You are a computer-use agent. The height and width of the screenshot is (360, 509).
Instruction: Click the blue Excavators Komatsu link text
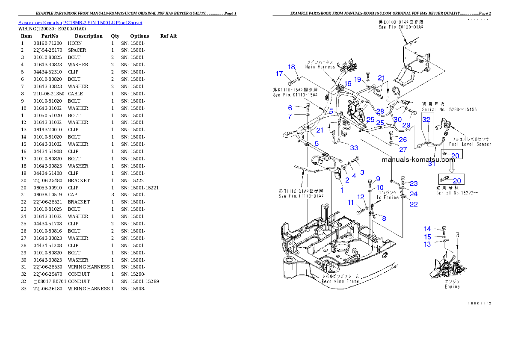point(80,22)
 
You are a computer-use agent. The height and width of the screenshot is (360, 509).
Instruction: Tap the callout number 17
point(279,74)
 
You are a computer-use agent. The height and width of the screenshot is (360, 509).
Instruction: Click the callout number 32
point(426,120)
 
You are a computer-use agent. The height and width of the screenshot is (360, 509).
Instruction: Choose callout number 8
point(384,218)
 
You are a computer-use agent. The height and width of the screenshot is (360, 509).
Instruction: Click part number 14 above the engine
point(427,229)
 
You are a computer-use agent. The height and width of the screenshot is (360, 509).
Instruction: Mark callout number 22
point(414,204)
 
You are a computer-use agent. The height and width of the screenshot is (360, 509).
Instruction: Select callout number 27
point(403,149)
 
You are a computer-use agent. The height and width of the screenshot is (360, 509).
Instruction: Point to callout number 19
point(358,79)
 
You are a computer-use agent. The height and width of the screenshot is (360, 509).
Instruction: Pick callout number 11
point(350,202)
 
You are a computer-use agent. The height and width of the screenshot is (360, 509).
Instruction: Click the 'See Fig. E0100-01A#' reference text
point(394,27)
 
